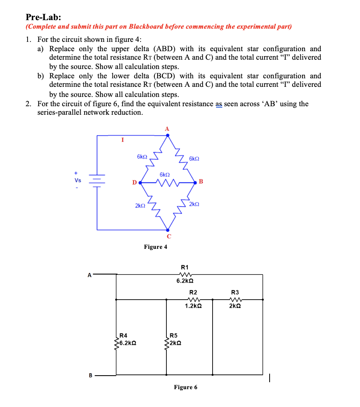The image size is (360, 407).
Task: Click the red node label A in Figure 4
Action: [168, 128]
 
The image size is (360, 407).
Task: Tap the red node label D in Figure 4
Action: [134, 182]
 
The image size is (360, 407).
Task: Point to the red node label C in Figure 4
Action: [168, 236]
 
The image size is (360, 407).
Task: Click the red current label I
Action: [123, 140]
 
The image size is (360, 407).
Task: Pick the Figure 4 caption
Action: [156, 247]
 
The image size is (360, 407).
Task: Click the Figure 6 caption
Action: [185, 387]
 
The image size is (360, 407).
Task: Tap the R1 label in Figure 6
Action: [185, 267]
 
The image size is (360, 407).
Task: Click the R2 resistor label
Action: [193, 292]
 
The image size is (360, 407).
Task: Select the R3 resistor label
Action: [235, 292]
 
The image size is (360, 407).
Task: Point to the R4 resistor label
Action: [124, 335]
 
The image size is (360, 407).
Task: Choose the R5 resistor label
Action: [174, 335]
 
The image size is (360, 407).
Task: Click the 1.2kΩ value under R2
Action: [193, 306]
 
